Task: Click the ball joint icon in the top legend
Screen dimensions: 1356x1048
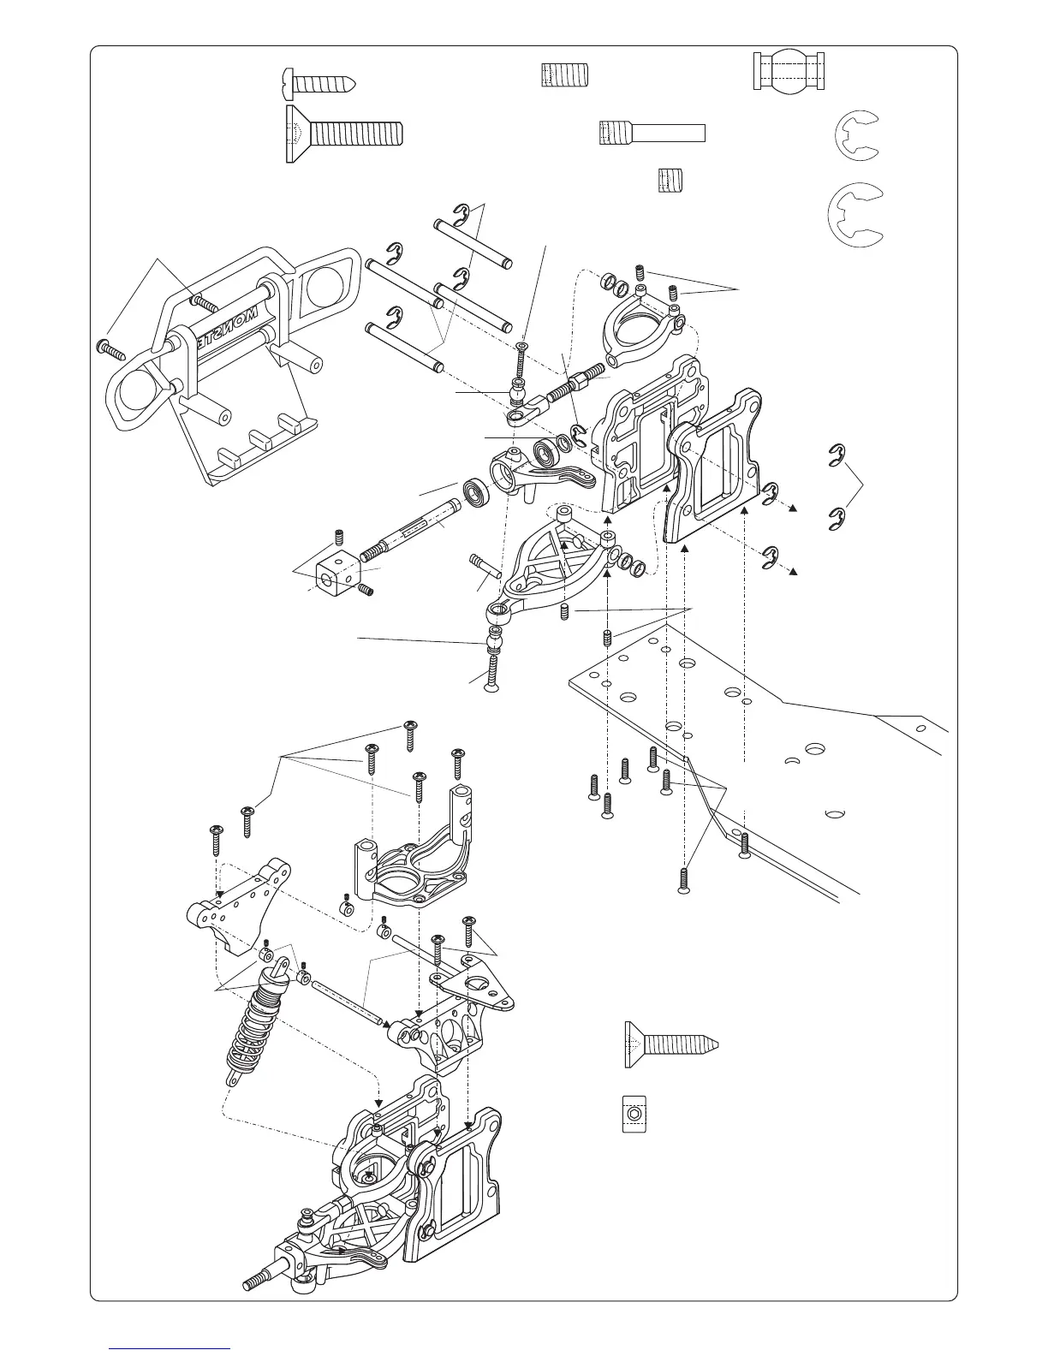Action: (x=789, y=71)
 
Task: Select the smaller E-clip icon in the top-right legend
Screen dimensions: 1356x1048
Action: (x=856, y=137)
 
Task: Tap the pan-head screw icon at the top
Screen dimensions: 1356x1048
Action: (x=318, y=85)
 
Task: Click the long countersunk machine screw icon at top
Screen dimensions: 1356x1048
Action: (x=342, y=134)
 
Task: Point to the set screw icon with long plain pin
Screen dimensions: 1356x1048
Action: (x=652, y=133)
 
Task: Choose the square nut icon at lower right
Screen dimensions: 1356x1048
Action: (x=634, y=1114)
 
